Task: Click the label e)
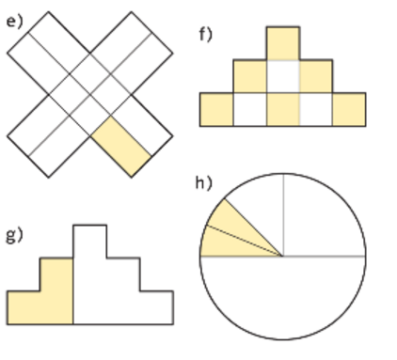pyautogui.click(x=15, y=22)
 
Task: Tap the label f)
pyautogui.click(x=206, y=34)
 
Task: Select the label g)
pyautogui.click(x=15, y=235)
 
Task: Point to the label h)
pyautogui.click(x=204, y=182)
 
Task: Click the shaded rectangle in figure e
pyautogui.click(x=121, y=147)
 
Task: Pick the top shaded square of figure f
pyautogui.click(x=283, y=43)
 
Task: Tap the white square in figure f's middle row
pyautogui.click(x=283, y=76)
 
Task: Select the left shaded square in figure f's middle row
pyautogui.click(x=250, y=76)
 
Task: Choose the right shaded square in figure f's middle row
pyautogui.click(x=316, y=76)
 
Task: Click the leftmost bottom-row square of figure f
pyautogui.click(x=216, y=110)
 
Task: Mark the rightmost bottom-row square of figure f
pyautogui.click(x=349, y=110)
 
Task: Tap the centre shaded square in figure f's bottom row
pyautogui.click(x=283, y=110)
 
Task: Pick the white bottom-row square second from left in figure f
pyautogui.click(x=250, y=110)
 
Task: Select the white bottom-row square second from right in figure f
pyautogui.click(x=316, y=110)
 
